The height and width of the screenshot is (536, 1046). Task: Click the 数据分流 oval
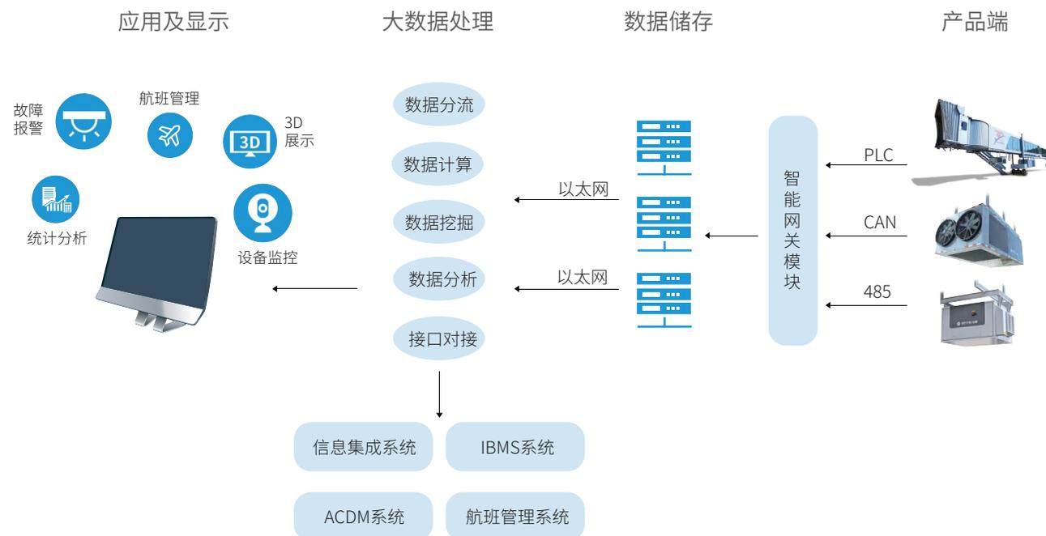click(438, 104)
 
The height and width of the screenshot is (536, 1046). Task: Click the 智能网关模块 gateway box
click(792, 230)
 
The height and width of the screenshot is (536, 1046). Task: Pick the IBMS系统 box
click(514, 446)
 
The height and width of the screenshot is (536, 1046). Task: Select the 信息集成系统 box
click(364, 446)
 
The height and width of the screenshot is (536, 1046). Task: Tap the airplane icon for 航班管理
click(170, 135)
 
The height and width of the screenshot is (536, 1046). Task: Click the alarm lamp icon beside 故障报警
click(83, 122)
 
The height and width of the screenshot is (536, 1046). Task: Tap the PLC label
click(879, 155)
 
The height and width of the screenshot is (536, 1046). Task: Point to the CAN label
click(880, 222)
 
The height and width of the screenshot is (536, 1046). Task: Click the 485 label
click(877, 292)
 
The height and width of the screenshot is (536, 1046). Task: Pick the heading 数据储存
click(668, 22)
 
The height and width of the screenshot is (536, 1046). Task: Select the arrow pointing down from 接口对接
click(439, 395)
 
